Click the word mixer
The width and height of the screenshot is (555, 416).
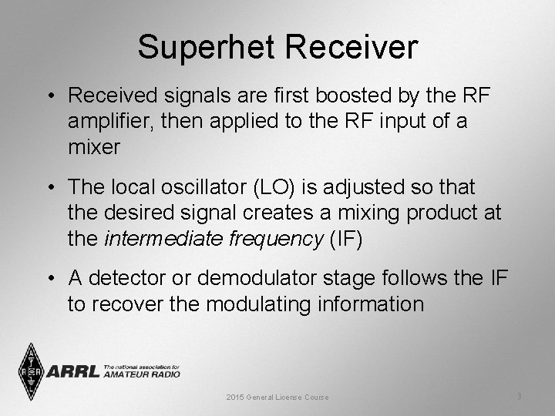pyautogui.click(x=94, y=146)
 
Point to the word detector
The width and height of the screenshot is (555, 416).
pyautogui.click(x=136, y=278)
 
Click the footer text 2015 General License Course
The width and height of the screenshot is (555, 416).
pyautogui.click(x=277, y=397)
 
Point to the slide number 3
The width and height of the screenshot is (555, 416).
pyautogui.click(x=519, y=396)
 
